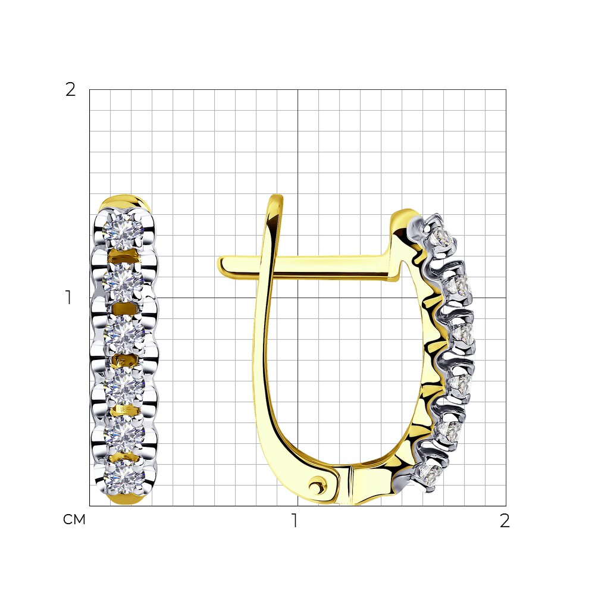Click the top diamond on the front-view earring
click(123, 230)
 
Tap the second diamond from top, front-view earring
click(123, 281)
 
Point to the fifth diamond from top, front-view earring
click(124, 434)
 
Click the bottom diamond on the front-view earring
click(124, 478)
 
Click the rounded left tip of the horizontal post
click(220, 265)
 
